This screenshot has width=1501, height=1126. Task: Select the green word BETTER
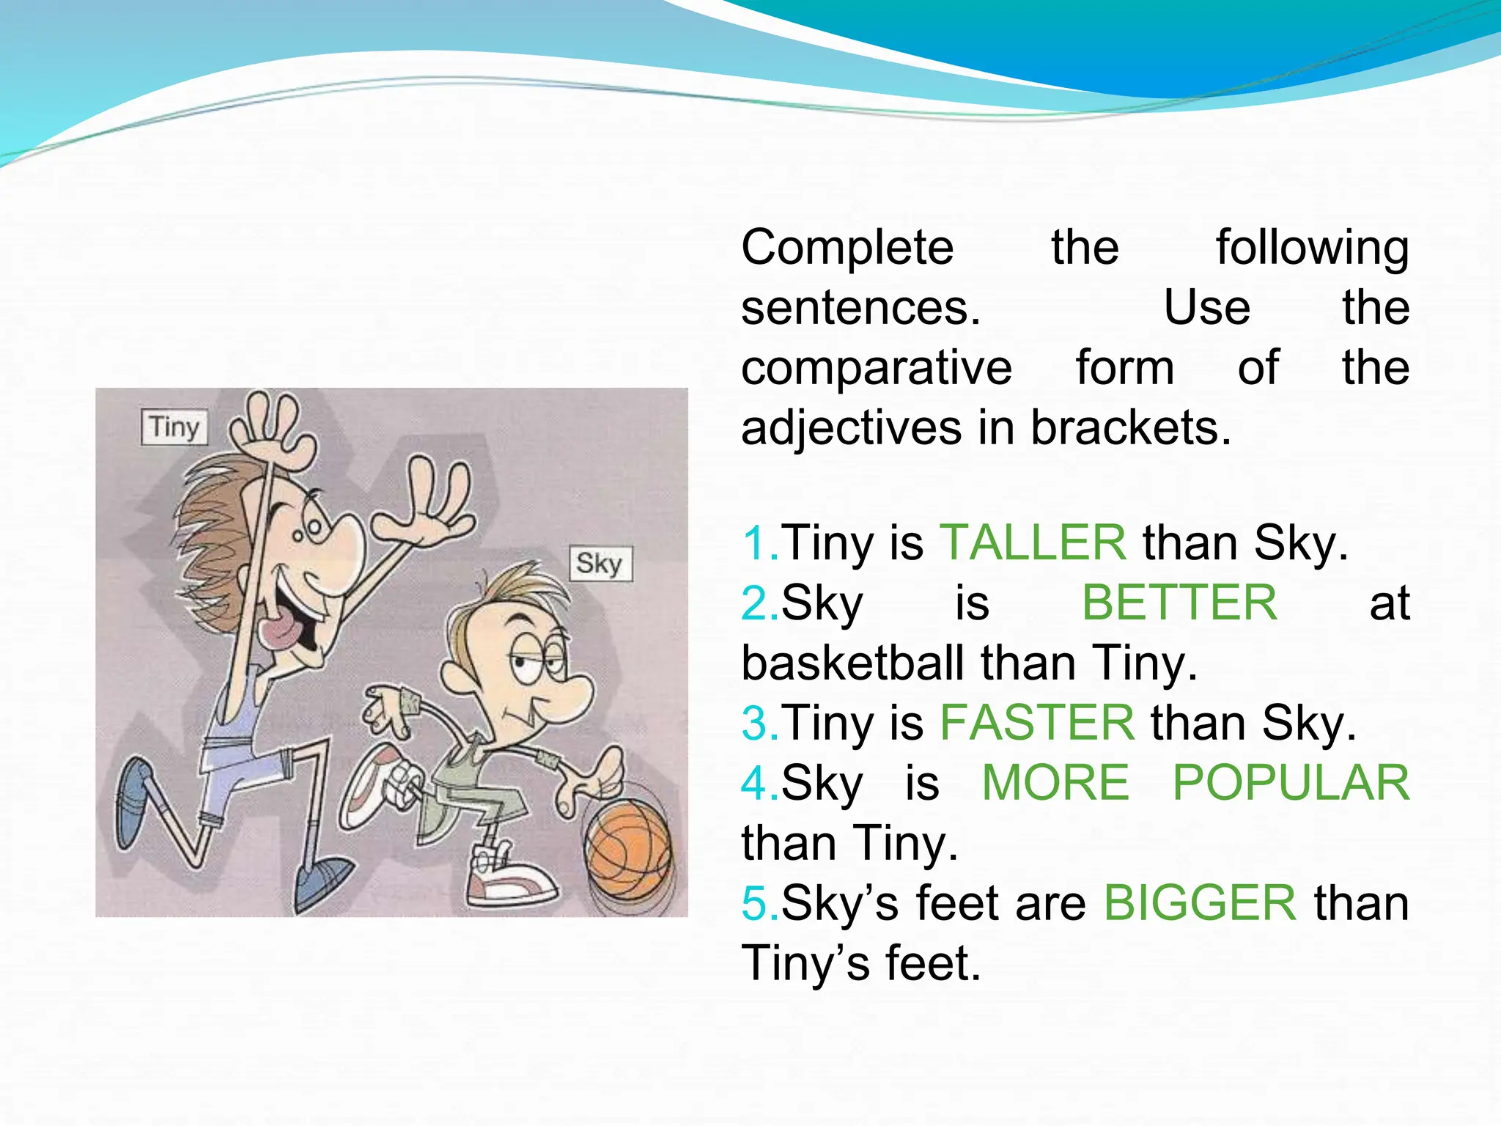(x=1179, y=603)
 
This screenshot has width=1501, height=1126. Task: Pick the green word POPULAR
(x=1291, y=783)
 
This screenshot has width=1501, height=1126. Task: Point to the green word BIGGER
(x=1200, y=903)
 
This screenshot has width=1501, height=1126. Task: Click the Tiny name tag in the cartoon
(x=174, y=427)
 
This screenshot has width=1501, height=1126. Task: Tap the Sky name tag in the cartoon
(x=600, y=564)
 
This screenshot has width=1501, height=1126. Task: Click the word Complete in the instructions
(x=847, y=248)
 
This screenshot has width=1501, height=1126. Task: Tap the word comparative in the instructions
(x=876, y=368)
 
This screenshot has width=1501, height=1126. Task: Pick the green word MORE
(x=1055, y=783)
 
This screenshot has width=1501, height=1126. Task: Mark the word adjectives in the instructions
(x=850, y=429)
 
